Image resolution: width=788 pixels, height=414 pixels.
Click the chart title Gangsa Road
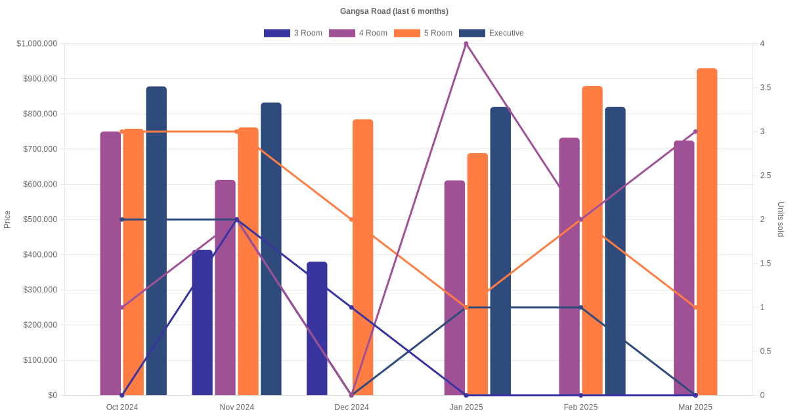[x=394, y=11]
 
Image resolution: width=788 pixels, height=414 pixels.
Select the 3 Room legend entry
[x=293, y=33]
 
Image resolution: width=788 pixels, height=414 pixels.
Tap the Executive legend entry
[x=491, y=33]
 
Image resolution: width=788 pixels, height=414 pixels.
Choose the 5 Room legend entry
[x=424, y=33]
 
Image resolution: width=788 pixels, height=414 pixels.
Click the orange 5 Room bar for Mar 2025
[x=707, y=230]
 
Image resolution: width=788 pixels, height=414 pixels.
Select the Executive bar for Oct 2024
[x=156, y=241]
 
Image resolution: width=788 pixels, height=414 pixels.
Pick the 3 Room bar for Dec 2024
[x=317, y=329]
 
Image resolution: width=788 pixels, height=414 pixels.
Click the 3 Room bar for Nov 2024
[x=202, y=322]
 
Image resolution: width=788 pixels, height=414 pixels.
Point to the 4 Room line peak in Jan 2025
[x=466, y=44]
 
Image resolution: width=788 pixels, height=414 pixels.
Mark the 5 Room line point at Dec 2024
[x=351, y=219]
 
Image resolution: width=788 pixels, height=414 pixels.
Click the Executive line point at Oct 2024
[x=122, y=219]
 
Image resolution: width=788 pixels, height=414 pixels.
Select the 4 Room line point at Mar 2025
[x=695, y=131]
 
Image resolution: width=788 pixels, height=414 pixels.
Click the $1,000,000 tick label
[x=37, y=44]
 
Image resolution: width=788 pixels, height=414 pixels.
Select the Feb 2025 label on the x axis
[x=580, y=407]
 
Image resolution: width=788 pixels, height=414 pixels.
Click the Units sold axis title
[x=780, y=219]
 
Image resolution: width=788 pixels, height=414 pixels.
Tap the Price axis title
[x=7, y=219]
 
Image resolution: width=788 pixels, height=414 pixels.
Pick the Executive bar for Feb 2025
[x=615, y=251]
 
